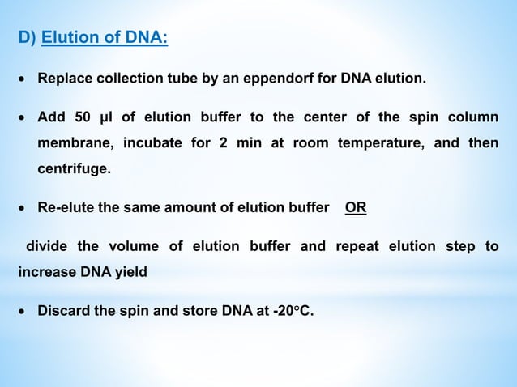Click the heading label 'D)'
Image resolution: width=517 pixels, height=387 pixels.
(x=27, y=38)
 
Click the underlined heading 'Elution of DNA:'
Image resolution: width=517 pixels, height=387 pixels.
(x=105, y=38)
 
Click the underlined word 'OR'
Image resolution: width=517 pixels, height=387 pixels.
(x=355, y=207)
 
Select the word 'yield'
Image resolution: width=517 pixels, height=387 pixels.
(x=130, y=273)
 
